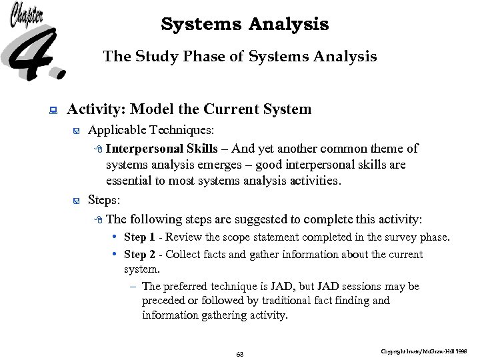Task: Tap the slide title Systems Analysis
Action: [245, 25]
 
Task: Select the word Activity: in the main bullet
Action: [97, 109]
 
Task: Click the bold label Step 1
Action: [139, 237]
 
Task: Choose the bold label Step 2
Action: [139, 254]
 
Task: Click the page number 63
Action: [240, 354]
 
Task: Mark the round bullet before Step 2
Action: [115, 254]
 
